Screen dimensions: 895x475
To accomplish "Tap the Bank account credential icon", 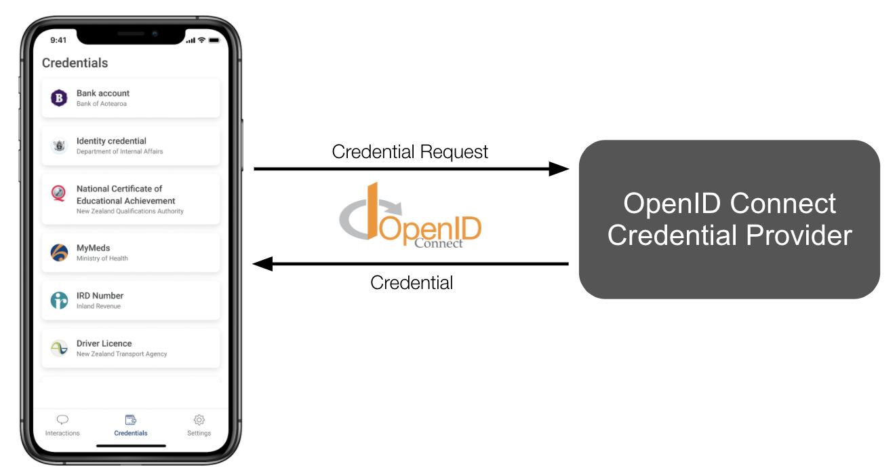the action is coord(59,98).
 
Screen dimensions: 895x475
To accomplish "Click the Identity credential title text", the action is coord(111,141).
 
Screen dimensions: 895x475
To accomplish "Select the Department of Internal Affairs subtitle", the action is coord(119,151).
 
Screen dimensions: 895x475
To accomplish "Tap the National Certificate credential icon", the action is coord(59,193).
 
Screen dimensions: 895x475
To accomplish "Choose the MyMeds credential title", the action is coord(93,248).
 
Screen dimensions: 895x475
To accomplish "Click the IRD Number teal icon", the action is coord(59,301).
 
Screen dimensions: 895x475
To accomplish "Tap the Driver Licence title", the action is coord(104,343).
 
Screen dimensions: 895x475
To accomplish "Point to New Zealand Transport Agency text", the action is coord(121,354).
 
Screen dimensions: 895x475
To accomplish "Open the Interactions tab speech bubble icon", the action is coord(62,419).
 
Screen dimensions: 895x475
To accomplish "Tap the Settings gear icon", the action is coord(199,419).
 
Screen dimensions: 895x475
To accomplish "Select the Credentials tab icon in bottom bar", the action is coord(131,419).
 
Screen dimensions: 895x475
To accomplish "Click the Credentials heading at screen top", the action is coord(75,63).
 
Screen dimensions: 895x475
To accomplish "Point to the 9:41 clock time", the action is coord(58,40).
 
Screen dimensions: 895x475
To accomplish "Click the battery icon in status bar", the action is coord(214,40).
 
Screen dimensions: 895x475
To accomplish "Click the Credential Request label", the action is coord(410,151).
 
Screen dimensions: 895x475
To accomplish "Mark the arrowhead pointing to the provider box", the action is coord(559,169).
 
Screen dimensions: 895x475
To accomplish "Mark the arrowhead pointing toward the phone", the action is coord(263,264).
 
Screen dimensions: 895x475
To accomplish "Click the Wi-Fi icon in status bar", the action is coord(202,40).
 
